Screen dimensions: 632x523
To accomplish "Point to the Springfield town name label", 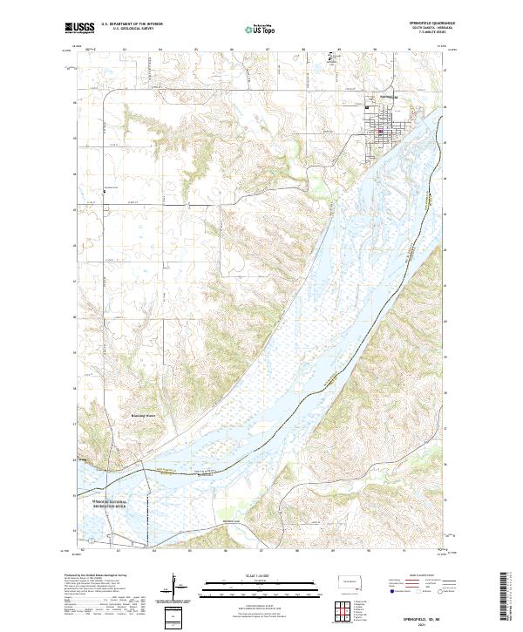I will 387,97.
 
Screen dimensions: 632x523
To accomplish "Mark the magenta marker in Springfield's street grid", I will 380,132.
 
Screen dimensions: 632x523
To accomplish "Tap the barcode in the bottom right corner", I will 507,597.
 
